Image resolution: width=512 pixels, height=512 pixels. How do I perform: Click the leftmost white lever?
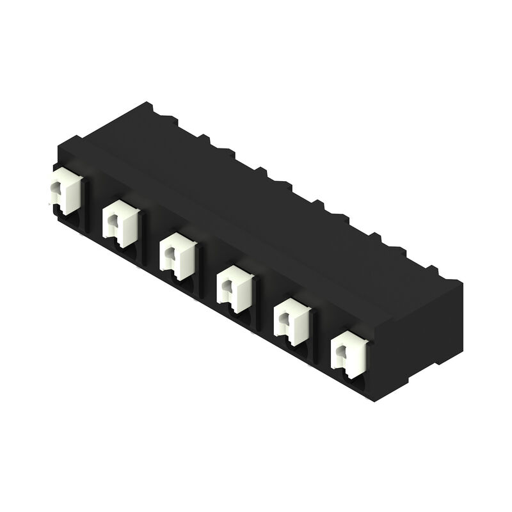point(67,192)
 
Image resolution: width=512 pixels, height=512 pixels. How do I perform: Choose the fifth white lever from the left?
point(292,320)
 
